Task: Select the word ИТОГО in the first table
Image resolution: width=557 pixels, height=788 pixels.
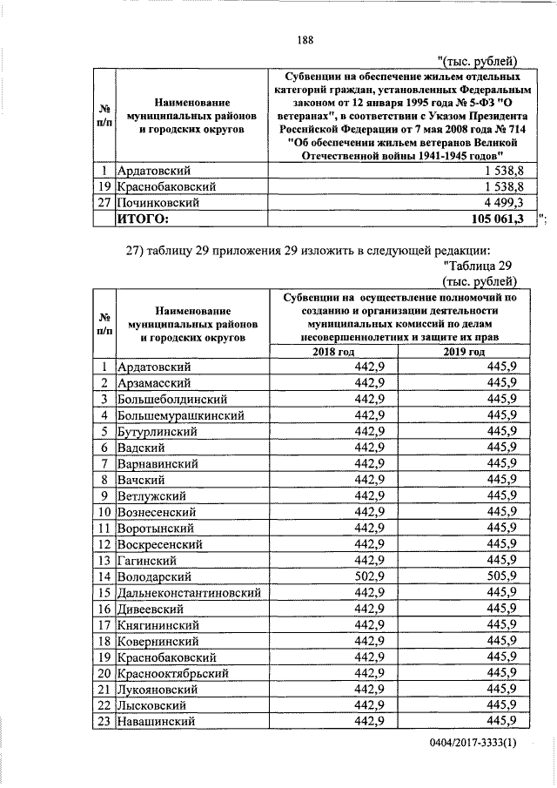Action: (143, 219)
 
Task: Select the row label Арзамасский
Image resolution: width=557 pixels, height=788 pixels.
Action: (155, 383)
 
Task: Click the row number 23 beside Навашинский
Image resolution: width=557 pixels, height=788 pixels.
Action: (104, 721)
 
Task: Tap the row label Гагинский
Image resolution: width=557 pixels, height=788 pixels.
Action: (148, 560)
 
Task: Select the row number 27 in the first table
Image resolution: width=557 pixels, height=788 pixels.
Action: (104, 202)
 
